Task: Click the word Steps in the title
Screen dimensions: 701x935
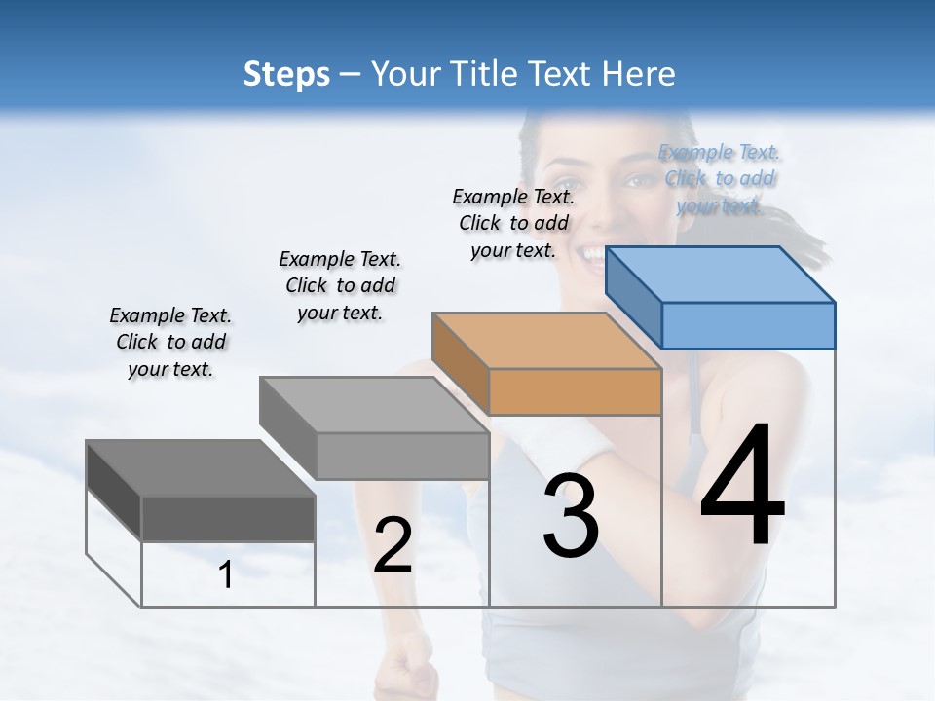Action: [x=286, y=74]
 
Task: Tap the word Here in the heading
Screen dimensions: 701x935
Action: [x=639, y=74]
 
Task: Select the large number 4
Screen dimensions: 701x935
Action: [x=742, y=487]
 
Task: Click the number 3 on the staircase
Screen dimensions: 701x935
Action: [x=571, y=516]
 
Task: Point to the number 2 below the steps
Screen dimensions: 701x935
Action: [x=393, y=545]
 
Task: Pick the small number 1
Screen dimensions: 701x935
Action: [x=226, y=575]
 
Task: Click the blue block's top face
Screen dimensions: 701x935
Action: [x=721, y=274]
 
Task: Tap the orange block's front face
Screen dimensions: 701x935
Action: [x=575, y=391]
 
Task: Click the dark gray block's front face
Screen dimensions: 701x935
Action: [x=228, y=517]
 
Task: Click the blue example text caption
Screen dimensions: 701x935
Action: [x=719, y=179]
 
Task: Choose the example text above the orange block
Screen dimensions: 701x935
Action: [x=513, y=223]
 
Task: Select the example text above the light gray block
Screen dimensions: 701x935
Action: [x=340, y=285]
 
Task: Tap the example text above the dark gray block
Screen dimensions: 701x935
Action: [x=170, y=342]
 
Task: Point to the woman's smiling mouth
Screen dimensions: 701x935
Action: [x=590, y=255]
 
